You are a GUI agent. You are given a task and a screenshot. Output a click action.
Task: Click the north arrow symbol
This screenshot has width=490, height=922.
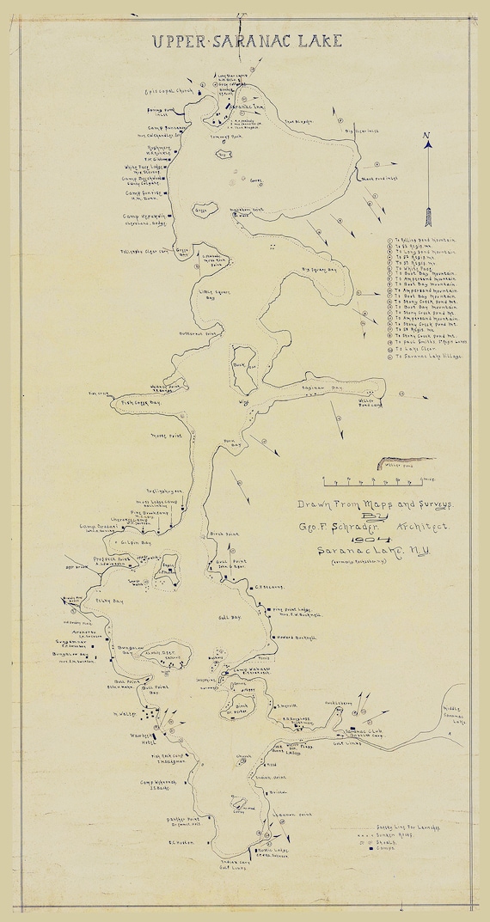[x=426, y=159]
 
